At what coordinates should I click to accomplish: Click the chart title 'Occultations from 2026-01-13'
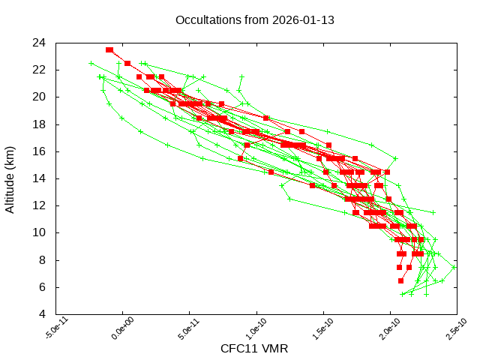pyautogui.click(x=254, y=19)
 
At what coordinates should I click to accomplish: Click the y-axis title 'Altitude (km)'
pyautogui.click(x=10, y=178)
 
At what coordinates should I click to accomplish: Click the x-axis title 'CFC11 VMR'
pyautogui.click(x=254, y=348)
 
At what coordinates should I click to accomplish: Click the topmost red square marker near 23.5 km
pyautogui.click(x=109, y=49)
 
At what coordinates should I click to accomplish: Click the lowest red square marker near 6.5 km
pyautogui.click(x=400, y=280)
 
